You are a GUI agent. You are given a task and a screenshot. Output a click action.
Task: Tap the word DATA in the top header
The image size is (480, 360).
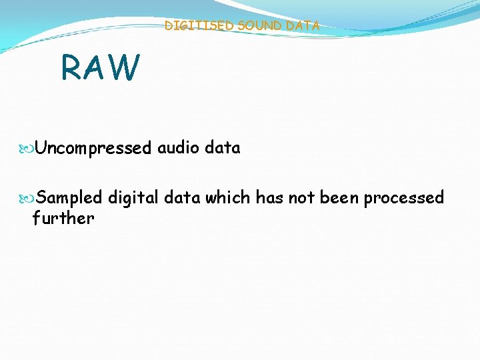click(x=304, y=26)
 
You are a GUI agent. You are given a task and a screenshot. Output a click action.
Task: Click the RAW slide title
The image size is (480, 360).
click(x=101, y=67)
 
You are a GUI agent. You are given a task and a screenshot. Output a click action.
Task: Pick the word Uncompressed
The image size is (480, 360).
click(x=93, y=148)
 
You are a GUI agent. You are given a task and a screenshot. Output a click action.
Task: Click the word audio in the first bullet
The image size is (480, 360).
click(x=179, y=147)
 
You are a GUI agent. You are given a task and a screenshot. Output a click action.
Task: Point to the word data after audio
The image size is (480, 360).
click(x=223, y=147)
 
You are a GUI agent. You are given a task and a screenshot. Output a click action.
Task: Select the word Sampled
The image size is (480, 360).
click(x=69, y=197)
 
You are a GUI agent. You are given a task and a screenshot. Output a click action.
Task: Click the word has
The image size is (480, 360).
click(x=270, y=197)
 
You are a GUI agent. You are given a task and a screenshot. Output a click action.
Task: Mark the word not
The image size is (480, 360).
click(x=302, y=197)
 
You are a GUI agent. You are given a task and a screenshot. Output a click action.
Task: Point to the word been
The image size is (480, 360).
click(x=340, y=197)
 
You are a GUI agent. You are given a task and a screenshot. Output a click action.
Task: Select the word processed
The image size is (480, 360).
click(x=404, y=198)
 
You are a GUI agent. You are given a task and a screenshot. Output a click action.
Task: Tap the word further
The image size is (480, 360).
click(x=63, y=218)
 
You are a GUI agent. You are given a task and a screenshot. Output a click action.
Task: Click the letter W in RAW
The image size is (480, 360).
click(x=126, y=67)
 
